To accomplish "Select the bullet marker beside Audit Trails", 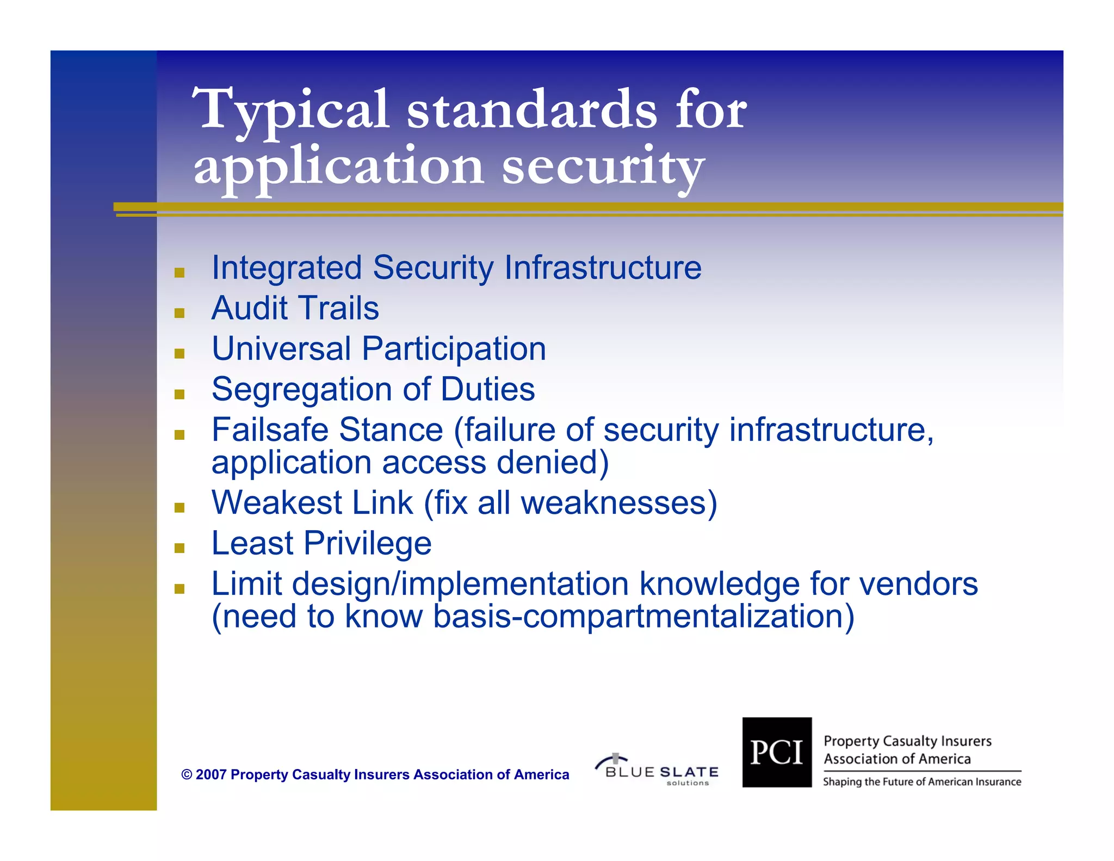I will coord(180,313).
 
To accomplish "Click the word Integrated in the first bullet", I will coord(287,268).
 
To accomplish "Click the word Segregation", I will coord(301,390).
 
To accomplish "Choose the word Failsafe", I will coord(270,430).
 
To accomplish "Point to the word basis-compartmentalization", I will coord(643,617).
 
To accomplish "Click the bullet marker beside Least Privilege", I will coord(180,548).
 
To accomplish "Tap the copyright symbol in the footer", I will coord(187,774).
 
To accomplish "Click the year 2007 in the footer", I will coord(211,774).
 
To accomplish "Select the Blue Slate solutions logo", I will coord(658,770).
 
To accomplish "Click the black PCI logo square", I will coord(777,752).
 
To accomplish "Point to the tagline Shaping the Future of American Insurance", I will coord(922,782).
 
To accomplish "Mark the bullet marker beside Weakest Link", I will coord(180,508).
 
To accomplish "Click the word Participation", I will coord(454,349).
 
